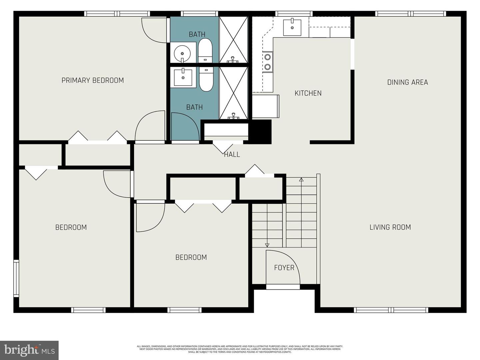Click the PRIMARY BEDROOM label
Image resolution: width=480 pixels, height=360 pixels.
[93, 80]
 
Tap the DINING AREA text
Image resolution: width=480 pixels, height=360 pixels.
[407, 82]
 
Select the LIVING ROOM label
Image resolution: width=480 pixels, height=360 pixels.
[390, 227]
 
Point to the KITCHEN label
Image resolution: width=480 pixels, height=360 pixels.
[308, 93]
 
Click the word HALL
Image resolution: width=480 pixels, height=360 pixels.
[232, 155]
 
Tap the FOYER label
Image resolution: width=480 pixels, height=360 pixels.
[284, 268]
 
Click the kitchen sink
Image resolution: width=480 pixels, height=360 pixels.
[292, 27]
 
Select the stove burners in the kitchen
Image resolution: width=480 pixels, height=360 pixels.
[267, 62]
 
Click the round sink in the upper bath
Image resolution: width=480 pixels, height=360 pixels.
[182, 53]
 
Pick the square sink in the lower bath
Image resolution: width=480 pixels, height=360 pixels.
[183, 77]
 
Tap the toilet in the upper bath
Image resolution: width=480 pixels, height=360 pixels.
[205, 50]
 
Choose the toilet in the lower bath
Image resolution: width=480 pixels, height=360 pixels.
[206, 79]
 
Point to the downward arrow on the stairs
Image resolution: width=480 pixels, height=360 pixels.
[267, 245]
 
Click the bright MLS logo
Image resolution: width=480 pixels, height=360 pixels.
[29, 350]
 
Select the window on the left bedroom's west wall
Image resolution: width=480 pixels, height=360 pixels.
[16, 278]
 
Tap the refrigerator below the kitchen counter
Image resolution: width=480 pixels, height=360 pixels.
[265, 106]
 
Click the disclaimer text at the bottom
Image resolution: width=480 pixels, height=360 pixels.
[240, 349]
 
